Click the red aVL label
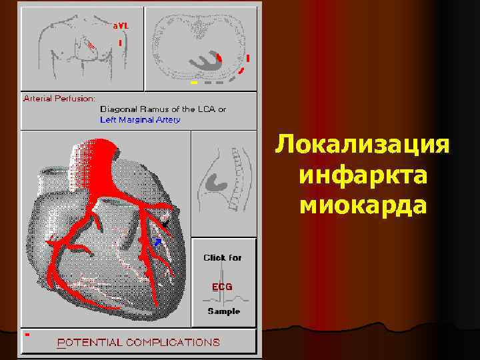coord(121,25)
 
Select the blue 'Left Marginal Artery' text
coord(140,120)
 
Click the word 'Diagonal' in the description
coord(117,109)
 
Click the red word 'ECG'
coord(222,287)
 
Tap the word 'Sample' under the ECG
coord(223,311)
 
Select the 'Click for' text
coord(223,257)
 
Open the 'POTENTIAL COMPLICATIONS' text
coord(139,342)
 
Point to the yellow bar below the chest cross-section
coord(194,83)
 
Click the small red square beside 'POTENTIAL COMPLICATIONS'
coord(27,333)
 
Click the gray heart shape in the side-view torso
coord(216,179)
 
